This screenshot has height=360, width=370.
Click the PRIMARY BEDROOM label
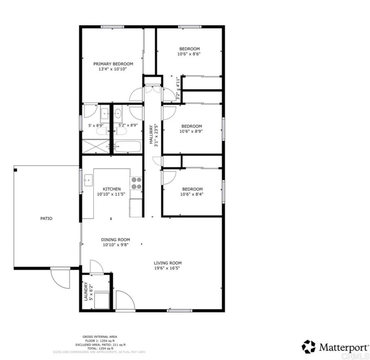(x=113, y=64)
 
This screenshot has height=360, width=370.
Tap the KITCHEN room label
(x=112, y=189)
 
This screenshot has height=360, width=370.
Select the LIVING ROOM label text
(x=168, y=263)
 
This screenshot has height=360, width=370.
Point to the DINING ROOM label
(x=115, y=240)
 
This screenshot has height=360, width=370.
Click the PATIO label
(x=46, y=218)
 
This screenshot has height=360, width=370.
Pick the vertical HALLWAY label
(x=151, y=135)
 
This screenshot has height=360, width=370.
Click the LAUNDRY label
(x=86, y=292)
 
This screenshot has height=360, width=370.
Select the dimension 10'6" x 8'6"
(x=189, y=54)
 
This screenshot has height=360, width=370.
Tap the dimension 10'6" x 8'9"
(x=192, y=132)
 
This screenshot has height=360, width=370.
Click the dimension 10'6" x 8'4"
(x=192, y=194)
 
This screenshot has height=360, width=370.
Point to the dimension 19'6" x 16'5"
(x=168, y=268)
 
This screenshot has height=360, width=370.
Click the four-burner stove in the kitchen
(x=136, y=183)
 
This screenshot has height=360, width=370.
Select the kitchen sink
(x=88, y=180)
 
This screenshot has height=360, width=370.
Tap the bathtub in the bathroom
(x=128, y=147)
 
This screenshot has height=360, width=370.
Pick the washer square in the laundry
(x=102, y=300)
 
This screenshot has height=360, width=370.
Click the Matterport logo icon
(x=309, y=347)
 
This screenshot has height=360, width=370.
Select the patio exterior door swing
(x=60, y=278)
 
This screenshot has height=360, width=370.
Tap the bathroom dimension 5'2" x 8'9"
(x=128, y=126)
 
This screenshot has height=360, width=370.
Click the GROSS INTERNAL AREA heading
(x=99, y=337)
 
